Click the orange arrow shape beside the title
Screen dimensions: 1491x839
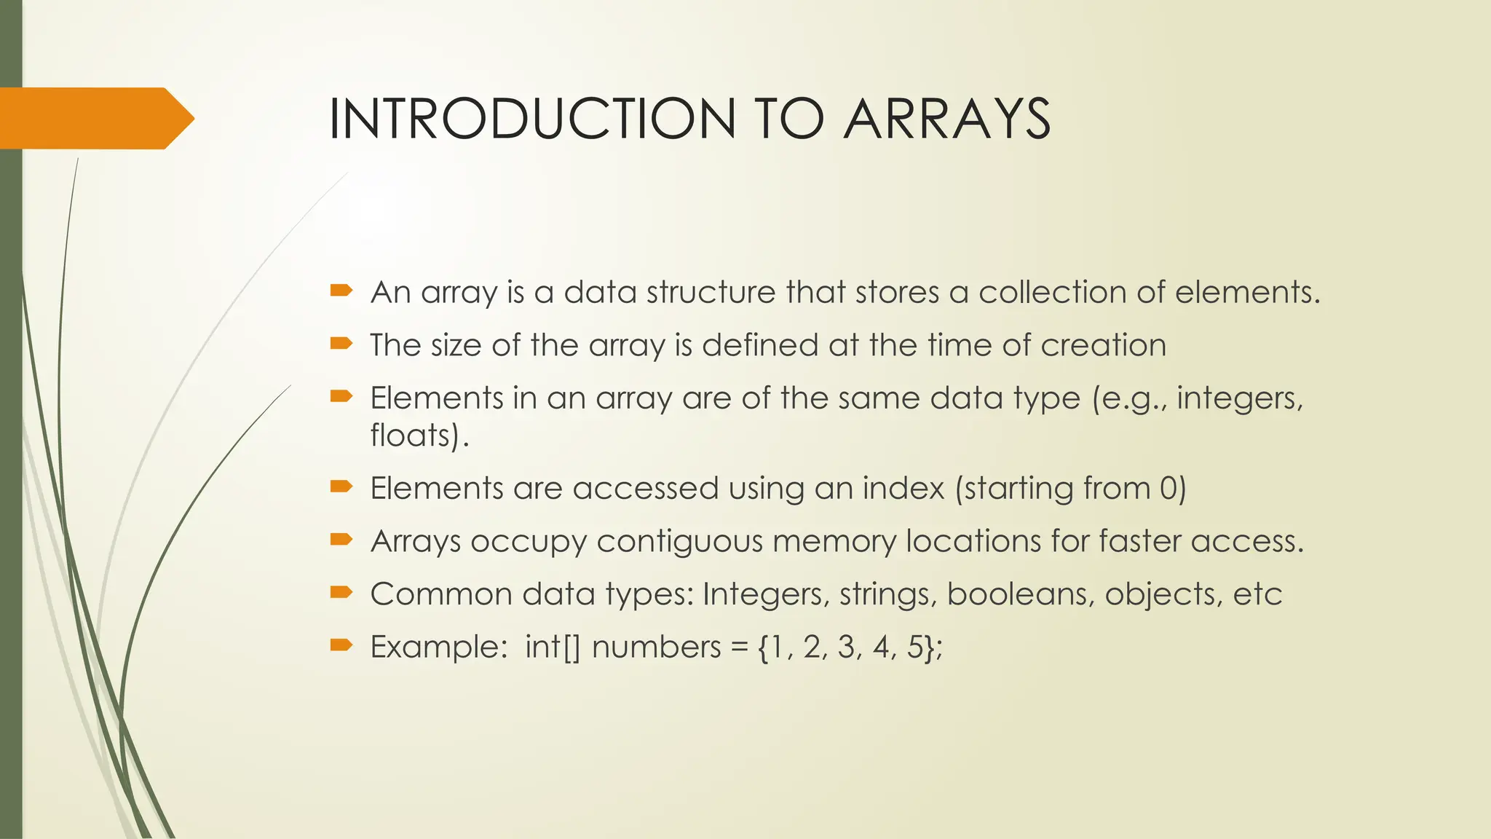(95, 118)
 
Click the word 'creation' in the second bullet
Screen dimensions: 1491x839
(1103, 345)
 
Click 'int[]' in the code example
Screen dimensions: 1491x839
(553, 647)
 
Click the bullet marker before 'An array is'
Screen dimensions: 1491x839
(341, 291)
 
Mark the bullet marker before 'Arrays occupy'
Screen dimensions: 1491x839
(341, 540)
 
